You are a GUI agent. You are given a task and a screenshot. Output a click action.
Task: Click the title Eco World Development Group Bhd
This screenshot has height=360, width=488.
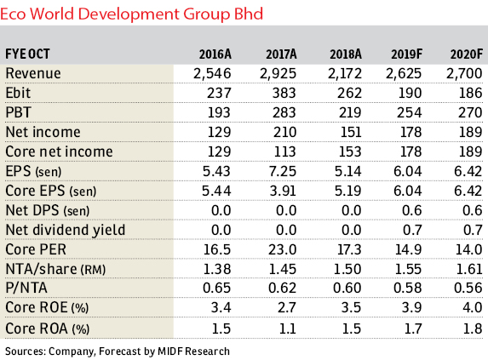tap(132, 14)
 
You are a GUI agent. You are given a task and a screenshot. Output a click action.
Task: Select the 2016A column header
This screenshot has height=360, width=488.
tap(215, 54)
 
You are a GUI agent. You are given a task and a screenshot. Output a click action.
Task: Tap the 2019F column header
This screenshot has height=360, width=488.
tap(407, 54)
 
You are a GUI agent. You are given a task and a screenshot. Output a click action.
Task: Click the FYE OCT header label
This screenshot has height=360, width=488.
tap(27, 54)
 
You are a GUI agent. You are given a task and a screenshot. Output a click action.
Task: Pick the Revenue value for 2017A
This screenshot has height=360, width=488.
tap(278, 74)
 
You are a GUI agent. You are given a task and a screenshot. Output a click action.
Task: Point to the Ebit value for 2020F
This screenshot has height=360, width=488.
tap(471, 93)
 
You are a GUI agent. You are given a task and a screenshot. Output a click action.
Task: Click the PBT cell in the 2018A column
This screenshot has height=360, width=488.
tap(350, 112)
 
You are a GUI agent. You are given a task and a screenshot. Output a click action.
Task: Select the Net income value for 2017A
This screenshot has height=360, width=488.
tap(284, 132)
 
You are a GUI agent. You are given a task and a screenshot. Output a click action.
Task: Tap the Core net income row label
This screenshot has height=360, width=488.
tap(59, 151)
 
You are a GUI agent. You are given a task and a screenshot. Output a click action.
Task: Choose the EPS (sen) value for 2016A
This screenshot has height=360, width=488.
tap(216, 171)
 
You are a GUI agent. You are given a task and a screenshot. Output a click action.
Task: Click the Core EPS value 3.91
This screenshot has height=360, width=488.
tap(283, 191)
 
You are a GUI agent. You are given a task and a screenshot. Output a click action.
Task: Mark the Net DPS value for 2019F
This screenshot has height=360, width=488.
tap(411, 210)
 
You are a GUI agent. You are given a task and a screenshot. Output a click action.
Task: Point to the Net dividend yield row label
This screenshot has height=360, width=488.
tap(66, 230)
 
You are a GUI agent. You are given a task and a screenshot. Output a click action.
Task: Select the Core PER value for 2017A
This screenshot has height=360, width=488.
tap(282, 249)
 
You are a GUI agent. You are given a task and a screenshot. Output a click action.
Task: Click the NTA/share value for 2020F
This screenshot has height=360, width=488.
tap(469, 269)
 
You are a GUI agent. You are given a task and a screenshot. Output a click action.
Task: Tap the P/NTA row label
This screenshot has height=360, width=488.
tap(26, 288)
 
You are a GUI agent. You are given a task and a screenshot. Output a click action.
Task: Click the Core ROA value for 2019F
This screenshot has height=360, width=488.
tap(413, 329)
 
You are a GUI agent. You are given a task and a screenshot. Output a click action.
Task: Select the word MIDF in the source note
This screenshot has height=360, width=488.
tap(170, 351)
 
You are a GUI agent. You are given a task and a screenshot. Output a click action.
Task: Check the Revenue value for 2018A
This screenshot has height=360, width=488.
tap(345, 74)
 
